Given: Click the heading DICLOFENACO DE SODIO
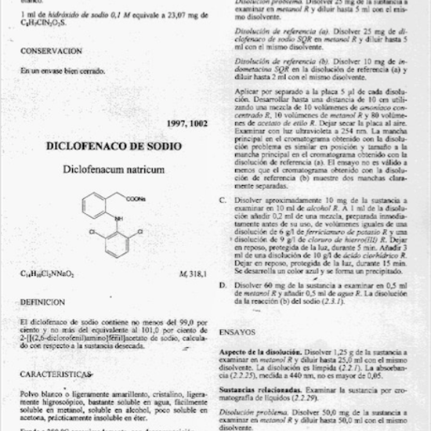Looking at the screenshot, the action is coord(114,146).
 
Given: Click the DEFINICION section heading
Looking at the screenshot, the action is coord(43,301).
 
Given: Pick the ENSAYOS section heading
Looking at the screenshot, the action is coord(237,331).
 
